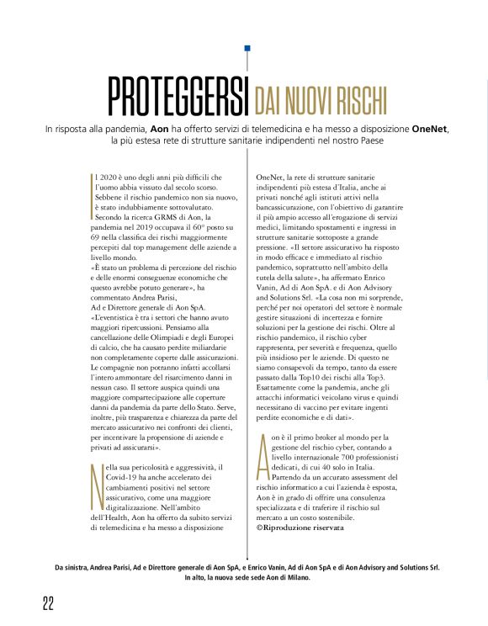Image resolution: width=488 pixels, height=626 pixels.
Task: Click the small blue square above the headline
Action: tap(247, 50)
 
